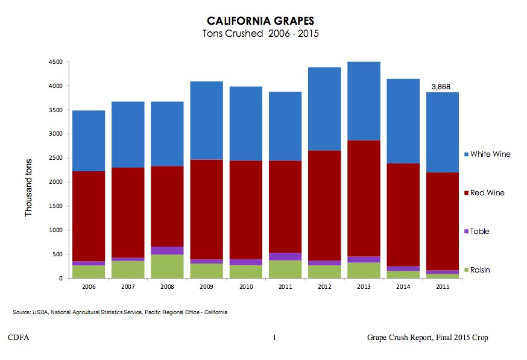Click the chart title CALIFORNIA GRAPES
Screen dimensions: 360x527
click(260, 21)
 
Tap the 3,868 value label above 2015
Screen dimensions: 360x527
click(444, 87)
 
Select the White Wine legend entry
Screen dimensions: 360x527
click(490, 154)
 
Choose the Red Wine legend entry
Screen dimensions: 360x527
click(487, 193)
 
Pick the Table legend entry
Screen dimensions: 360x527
click(479, 232)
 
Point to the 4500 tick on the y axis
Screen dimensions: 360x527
click(56, 62)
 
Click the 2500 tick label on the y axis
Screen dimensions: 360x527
click(56, 158)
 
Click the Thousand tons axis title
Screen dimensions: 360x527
click(28, 188)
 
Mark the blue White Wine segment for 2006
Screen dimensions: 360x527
click(89, 141)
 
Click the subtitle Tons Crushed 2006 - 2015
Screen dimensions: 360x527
click(260, 34)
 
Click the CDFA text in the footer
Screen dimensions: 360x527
click(19, 338)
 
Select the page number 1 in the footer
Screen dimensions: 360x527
click(274, 338)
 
